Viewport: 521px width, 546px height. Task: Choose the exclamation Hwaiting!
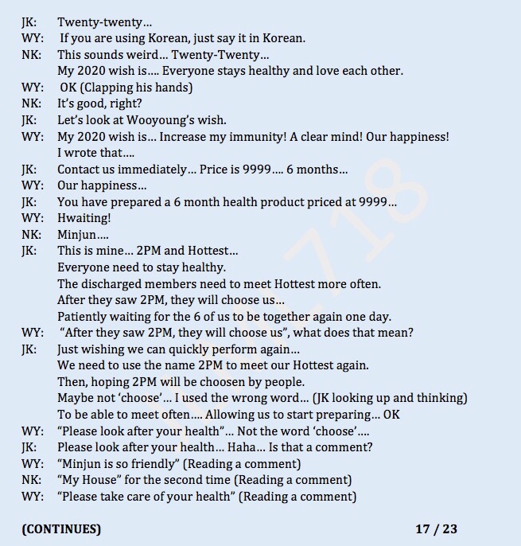click(84, 218)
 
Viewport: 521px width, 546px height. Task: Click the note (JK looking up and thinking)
click(382, 399)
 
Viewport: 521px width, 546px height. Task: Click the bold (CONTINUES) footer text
click(61, 528)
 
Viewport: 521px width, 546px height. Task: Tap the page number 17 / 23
click(436, 528)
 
